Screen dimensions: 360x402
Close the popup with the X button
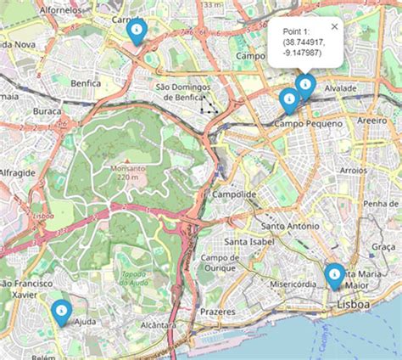coord(334,26)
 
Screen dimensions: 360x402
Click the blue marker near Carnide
coord(137,30)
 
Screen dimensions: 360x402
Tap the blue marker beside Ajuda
coord(60,311)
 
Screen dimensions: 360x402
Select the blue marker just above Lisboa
coord(335,274)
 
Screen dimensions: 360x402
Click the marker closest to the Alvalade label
coord(305,84)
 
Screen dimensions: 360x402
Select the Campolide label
coord(233,194)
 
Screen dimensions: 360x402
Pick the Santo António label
coord(290,227)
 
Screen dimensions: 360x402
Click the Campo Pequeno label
coord(308,124)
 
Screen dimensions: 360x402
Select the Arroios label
coord(353,171)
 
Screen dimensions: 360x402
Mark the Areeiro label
coord(371,121)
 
